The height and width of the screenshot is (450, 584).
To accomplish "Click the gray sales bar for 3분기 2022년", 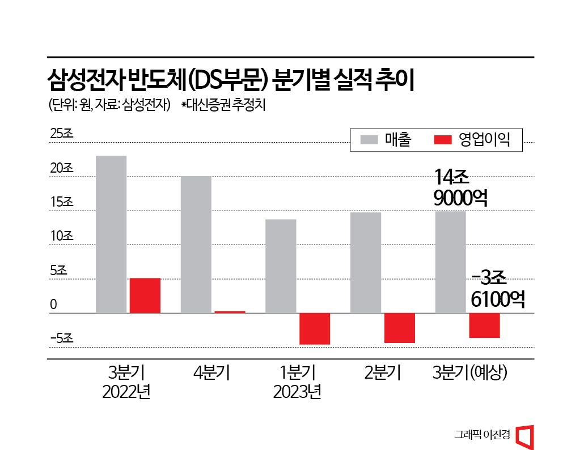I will (x=111, y=234).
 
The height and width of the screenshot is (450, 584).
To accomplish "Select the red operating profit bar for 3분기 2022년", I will (x=145, y=295).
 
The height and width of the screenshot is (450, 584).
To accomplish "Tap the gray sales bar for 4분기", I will (x=196, y=244).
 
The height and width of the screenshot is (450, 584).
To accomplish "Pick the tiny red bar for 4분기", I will (x=230, y=311).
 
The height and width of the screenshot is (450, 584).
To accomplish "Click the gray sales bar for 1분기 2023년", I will (x=281, y=265).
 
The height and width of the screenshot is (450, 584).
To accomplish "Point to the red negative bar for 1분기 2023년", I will (x=315, y=328).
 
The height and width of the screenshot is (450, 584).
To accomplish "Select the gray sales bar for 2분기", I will (x=366, y=262).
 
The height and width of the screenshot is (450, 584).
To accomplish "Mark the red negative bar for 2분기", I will (x=399, y=328).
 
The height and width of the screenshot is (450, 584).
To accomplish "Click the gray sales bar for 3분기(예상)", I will (x=450, y=262).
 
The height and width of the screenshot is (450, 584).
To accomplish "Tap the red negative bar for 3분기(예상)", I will (x=484, y=325).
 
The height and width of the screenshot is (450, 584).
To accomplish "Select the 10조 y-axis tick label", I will (x=61, y=236).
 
